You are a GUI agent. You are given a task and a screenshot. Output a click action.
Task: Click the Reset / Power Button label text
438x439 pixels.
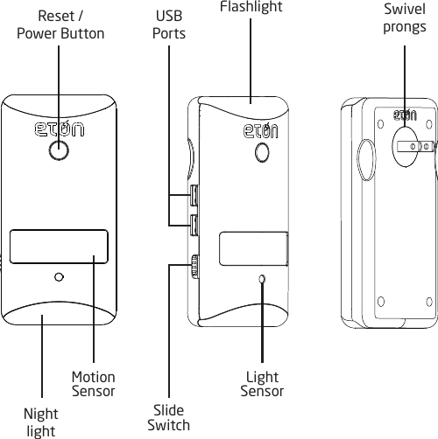(x=60, y=24)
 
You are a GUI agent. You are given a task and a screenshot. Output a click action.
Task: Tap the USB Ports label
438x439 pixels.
(x=169, y=24)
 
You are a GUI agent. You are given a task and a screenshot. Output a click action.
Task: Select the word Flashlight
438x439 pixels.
(x=251, y=7)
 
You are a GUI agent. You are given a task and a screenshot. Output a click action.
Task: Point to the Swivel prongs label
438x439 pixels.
(x=405, y=17)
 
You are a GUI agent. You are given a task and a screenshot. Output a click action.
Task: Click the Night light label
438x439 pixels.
(x=41, y=423)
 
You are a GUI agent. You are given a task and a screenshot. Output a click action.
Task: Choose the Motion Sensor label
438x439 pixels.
(x=93, y=384)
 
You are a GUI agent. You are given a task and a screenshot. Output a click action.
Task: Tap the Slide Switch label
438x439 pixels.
(x=168, y=417)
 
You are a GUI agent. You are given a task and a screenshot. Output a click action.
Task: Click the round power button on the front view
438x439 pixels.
(x=59, y=151)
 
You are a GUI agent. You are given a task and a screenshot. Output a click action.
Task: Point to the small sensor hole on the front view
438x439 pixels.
(x=59, y=277)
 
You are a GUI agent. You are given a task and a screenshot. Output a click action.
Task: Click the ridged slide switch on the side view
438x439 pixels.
(x=194, y=264)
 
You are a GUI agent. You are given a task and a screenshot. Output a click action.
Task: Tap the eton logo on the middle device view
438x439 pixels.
(x=260, y=132)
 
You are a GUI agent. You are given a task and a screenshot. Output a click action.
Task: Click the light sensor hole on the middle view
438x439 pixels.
(x=261, y=279)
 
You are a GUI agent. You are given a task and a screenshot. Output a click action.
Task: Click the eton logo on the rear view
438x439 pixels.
(x=404, y=115)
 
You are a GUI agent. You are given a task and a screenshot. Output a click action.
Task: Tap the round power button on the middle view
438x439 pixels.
(x=261, y=152)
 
